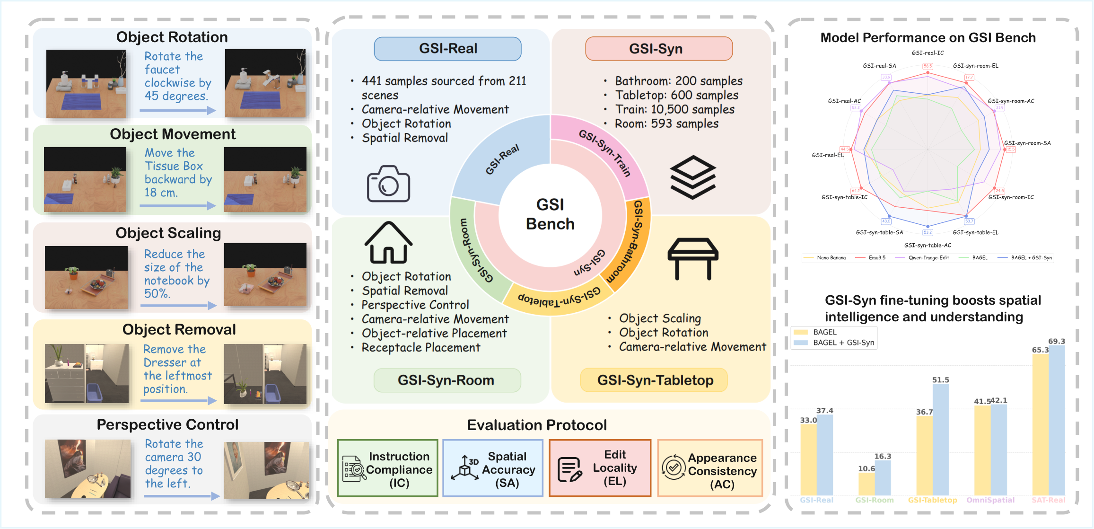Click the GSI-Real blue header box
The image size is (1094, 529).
coord(447,49)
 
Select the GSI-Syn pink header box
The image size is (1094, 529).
coord(658,49)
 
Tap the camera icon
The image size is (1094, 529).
coord(388,184)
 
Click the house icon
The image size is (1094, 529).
coord(388,243)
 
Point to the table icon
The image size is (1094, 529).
coord(693,258)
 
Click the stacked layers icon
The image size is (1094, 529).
coord(693,177)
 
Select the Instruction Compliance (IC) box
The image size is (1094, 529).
coord(388,468)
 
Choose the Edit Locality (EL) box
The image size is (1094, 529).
coord(600,468)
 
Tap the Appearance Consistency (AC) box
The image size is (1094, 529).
coord(710,468)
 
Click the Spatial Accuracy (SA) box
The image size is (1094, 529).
coord(493,468)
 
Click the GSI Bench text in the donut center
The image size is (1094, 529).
coord(550,214)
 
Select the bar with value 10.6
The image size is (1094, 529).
coord(866,484)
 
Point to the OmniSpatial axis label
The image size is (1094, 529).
coord(990,500)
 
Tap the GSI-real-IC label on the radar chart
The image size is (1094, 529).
coord(928,53)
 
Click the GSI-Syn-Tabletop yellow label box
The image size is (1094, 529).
coord(655,380)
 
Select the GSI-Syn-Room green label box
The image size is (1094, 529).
coord(446,380)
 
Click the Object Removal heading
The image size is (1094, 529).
coord(179,329)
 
